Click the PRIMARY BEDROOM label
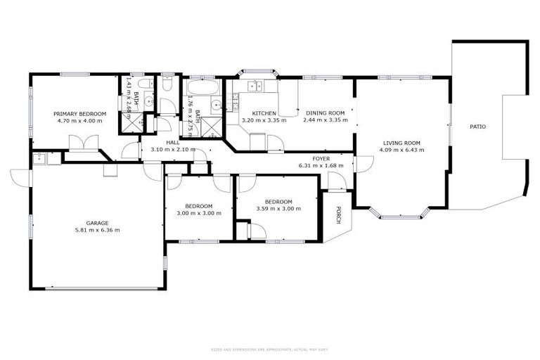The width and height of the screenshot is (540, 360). [79, 113]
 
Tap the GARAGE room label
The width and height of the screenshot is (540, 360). [97, 222]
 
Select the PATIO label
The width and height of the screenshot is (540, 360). [477, 127]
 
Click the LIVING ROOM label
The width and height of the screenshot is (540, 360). [401, 142]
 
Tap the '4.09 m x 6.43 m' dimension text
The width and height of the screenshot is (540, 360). [401, 149]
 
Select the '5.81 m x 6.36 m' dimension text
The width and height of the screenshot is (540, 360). [97, 230]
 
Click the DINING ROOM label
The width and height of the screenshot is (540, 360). [324, 113]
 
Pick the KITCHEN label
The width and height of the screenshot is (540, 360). [264, 113]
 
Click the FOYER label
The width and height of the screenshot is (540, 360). [321, 158]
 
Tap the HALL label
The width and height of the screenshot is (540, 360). [172, 142]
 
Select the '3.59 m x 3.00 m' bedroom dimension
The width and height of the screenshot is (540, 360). [274, 209]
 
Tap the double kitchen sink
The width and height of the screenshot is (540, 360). [255, 86]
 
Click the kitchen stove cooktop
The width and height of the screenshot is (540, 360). [257, 141]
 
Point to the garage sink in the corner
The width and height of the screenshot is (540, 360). [38, 159]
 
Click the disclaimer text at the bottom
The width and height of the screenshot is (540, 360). [269, 349]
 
